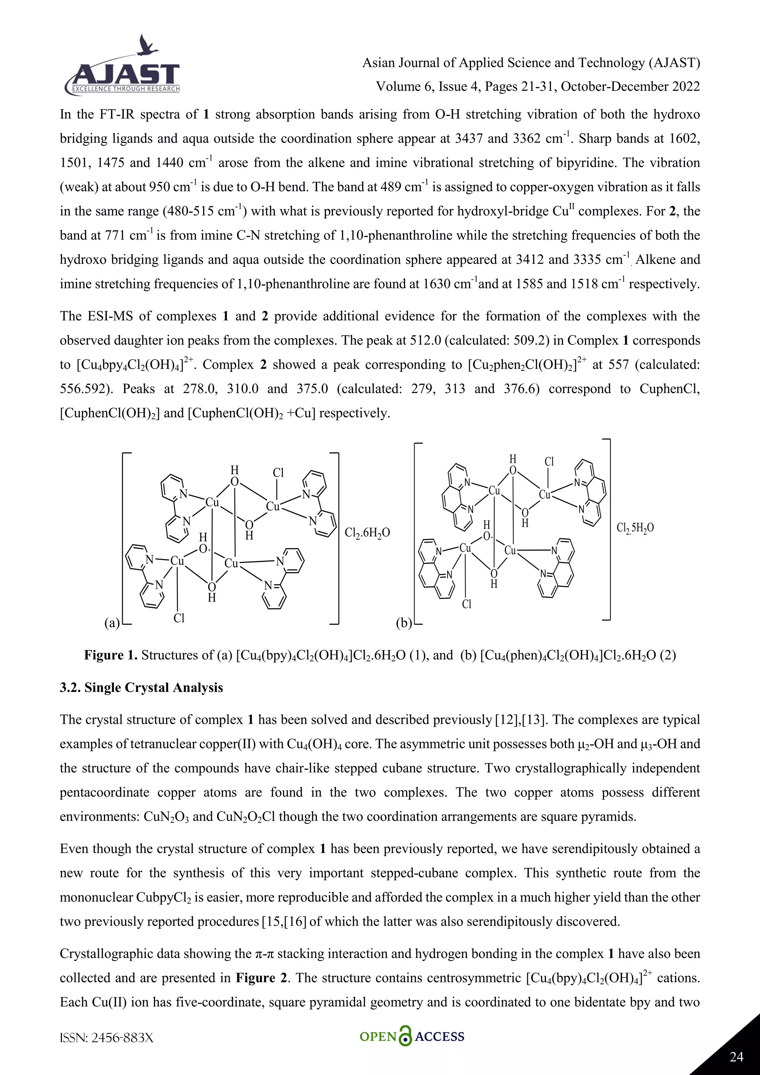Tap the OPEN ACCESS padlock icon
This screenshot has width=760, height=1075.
405,1037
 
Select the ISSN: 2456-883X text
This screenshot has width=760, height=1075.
107,1038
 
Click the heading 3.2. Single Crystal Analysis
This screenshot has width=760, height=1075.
141,687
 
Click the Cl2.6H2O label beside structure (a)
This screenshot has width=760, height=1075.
367,533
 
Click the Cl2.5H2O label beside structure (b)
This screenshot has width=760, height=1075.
635,528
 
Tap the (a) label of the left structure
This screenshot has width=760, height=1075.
112,623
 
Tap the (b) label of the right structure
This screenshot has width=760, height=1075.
404,623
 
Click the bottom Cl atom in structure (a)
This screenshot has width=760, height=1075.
179,618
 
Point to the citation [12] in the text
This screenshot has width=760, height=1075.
506,720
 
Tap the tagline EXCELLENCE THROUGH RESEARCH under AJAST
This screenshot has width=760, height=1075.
125,89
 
